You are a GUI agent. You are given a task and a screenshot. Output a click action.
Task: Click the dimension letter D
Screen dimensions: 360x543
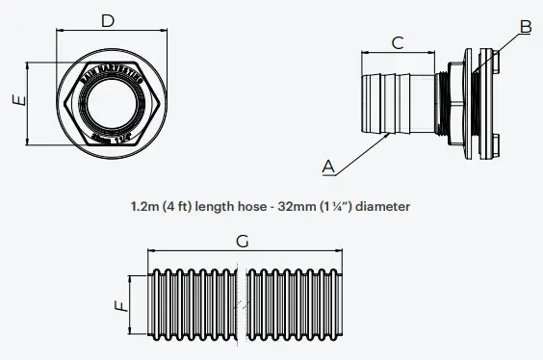click(x=108, y=19)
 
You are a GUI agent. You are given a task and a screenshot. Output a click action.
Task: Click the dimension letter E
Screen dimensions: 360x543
click(x=16, y=100)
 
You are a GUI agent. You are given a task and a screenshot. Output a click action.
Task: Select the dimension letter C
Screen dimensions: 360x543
click(x=397, y=41)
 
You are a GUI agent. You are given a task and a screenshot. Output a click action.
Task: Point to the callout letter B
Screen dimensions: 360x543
click(x=526, y=26)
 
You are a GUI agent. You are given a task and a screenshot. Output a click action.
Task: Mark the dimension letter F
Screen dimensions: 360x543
click(x=118, y=306)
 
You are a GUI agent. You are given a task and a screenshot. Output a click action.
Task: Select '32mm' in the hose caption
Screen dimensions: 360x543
click(x=311, y=206)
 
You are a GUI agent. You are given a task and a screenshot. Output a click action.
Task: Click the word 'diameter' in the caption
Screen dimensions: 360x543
click(x=383, y=206)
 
